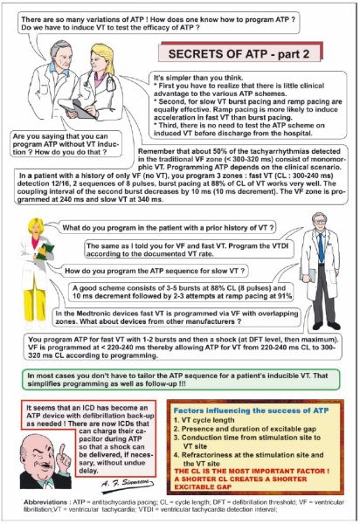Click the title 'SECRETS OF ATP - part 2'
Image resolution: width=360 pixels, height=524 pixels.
pyautogui.click(x=239, y=54)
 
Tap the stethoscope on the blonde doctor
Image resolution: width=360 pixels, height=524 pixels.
pyautogui.click(x=107, y=82)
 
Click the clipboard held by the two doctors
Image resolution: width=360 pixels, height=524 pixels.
pyautogui.click(x=79, y=108)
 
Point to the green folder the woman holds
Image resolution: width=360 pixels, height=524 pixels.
pyautogui.click(x=45, y=252)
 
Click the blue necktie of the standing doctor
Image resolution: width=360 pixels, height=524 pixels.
pyautogui.click(x=321, y=248)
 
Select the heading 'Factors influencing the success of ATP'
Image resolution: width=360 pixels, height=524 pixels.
pyautogui.click(x=251, y=410)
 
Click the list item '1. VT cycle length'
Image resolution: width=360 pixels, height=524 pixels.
pyautogui.click(x=204, y=420)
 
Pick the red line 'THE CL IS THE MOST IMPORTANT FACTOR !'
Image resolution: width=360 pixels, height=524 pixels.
pyautogui.click(x=252, y=472)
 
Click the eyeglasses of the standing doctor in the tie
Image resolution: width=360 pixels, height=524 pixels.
pyautogui.click(x=319, y=221)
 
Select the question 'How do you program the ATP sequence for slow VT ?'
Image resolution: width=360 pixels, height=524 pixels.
pyautogui.click(x=155, y=271)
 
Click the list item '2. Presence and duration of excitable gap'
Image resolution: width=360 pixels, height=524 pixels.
pyautogui.click(x=245, y=429)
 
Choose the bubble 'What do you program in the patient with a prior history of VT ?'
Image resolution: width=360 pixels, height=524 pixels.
pyautogui.click(x=168, y=228)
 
